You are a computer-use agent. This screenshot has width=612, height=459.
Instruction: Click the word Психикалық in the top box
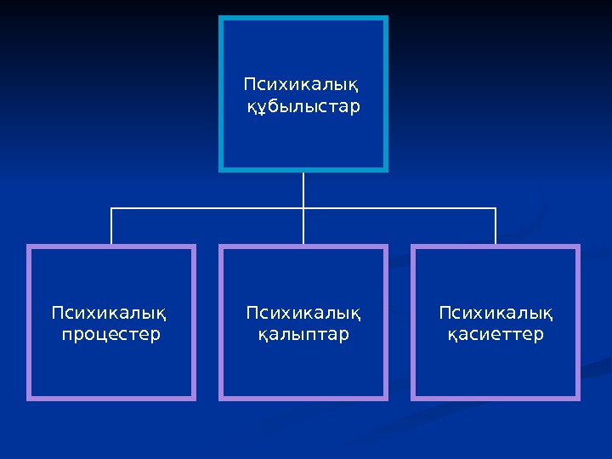301,85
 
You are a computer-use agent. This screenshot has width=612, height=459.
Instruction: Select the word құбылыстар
303,107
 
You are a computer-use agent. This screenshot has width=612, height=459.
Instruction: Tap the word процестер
111,335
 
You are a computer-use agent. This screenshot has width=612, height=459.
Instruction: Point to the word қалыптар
303,335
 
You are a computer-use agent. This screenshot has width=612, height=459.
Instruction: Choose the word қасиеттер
496,335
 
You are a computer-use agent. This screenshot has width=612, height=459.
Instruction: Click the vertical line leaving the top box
303,189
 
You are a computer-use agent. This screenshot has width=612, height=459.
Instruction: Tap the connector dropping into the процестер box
111,227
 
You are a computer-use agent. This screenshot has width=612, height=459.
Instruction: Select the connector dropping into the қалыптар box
303,228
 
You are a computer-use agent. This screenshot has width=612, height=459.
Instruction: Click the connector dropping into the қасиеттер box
496,227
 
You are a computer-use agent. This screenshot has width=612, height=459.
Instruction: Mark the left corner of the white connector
111,207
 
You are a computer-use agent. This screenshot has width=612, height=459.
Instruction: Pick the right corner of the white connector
496,207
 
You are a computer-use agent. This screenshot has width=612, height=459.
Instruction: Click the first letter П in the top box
249,85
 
